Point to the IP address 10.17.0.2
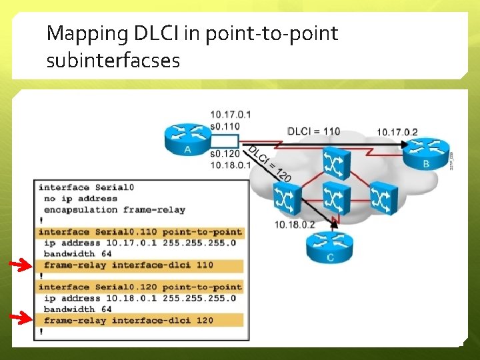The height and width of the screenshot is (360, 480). [x=397, y=131]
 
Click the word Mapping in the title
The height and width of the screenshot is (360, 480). [x=86, y=33]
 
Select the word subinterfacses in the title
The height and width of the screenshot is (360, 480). [x=113, y=61]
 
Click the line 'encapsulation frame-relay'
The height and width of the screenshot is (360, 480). [x=114, y=209]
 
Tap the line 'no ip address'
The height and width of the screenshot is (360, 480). [x=80, y=198]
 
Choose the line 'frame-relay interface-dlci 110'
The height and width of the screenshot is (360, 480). [x=129, y=265]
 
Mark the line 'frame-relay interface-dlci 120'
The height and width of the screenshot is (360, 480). [x=129, y=321]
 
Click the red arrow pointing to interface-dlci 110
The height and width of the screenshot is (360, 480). [x=23, y=266]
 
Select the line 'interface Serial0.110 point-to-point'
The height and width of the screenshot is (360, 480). [x=140, y=231]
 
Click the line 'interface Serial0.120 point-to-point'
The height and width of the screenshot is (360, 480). [x=140, y=287]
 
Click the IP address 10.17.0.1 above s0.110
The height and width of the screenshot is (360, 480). [x=230, y=115]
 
